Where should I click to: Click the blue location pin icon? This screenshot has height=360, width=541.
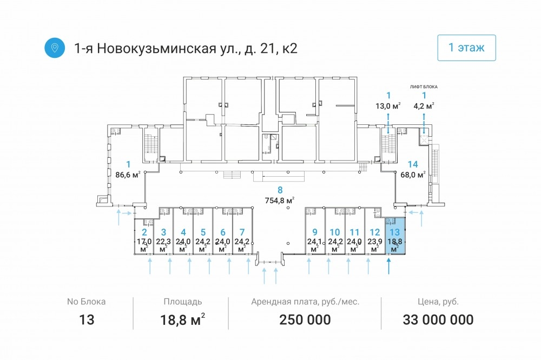click(x=55, y=48)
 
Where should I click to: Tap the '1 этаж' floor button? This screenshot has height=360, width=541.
click(x=466, y=48)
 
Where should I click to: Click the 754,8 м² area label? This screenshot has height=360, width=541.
click(x=280, y=200)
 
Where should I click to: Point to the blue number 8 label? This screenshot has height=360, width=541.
click(x=280, y=190)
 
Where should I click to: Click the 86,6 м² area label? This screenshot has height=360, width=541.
click(x=128, y=175)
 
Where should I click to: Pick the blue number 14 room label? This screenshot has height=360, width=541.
click(x=413, y=164)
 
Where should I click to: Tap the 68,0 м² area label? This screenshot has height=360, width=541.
click(x=413, y=175)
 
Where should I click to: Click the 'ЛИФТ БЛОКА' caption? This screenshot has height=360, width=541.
click(x=424, y=87)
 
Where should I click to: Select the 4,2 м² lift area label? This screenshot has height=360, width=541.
click(x=424, y=106)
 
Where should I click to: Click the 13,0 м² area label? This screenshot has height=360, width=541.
click(x=388, y=106)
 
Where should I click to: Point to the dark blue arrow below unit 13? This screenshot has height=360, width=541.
click(x=389, y=266)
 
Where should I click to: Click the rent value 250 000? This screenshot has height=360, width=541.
click(x=305, y=319)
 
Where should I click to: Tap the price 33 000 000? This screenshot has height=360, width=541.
click(x=438, y=319)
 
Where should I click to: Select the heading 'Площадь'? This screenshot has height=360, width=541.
click(x=182, y=302)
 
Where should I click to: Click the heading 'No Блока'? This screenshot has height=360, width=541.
click(x=86, y=302)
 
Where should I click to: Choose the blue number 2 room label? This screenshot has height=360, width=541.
click(x=144, y=232)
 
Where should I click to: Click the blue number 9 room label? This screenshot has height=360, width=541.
click(x=315, y=232)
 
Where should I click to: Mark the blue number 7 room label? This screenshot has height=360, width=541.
click(x=242, y=232)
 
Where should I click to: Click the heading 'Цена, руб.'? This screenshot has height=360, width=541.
click(x=438, y=302)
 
